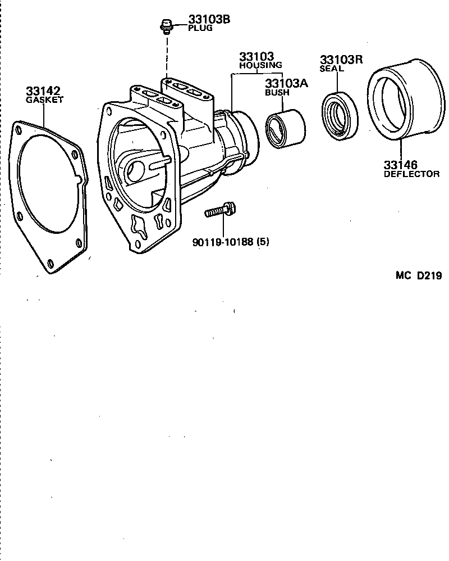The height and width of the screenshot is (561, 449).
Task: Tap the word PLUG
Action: pos(200,28)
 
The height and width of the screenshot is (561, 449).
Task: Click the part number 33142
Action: pos(43,91)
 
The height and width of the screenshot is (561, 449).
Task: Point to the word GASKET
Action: pos(44,99)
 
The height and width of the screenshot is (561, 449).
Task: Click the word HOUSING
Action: pos(260,65)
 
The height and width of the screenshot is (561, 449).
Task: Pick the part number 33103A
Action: pos(287,84)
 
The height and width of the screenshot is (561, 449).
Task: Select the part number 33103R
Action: pos(342,60)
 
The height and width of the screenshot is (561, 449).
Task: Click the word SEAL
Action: pos(331,69)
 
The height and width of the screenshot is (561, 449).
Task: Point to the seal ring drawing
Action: pos(341,115)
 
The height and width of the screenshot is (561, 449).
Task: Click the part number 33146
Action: pos(401,165)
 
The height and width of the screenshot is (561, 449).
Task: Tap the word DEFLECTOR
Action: pos(411,174)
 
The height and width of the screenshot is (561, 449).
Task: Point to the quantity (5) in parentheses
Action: pos(264,243)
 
